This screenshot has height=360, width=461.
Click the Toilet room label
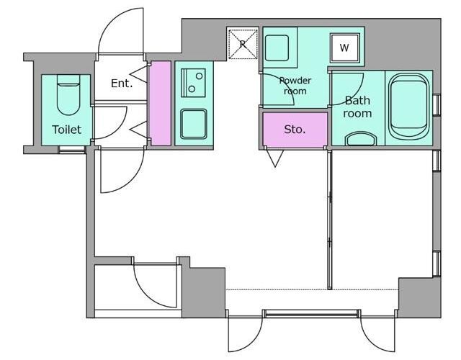pyautogui.click(x=66, y=130)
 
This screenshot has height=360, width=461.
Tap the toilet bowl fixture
pyautogui.click(x=68, y=95)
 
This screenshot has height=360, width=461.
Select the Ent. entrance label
pyautogui.click(x=122, y=84)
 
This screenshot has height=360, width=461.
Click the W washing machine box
pyautogui.click(x=344, y=48)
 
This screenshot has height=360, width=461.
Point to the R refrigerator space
pyautogui.click(x=243, y=44)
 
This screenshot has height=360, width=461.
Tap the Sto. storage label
pyautogui.click(x=295, y=130)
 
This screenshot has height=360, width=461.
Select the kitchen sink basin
pyautogui.click(x=194, y=124)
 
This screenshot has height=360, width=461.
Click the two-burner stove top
pyautogui.click(x=193, y=83)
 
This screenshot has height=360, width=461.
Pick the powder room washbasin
pyautogui.click(x=277, y=48)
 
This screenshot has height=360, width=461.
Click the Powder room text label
pyautogui.click(x=295, y=86)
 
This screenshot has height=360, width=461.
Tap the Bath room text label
pyautogui.click(x=357, y=107)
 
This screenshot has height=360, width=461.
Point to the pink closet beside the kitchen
pyautogui.click(x=160, y=104)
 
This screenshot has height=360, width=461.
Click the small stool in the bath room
pyautogui.click(x=361, y=139)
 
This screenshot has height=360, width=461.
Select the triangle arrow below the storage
pyautogui.click(x=275, y=158)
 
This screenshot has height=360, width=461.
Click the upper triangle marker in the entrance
pyautogui.click(x=139, y=74)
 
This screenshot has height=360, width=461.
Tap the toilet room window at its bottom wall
pyautogui.click(x=72, y=150)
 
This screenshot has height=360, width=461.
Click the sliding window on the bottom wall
pyautogui.click(x=311, y=314)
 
